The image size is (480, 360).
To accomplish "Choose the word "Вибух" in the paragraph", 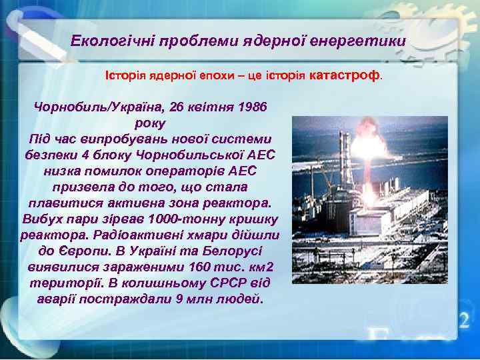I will (x=41, y=219).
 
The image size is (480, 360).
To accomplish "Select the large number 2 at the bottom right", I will (x=463, y=320).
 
